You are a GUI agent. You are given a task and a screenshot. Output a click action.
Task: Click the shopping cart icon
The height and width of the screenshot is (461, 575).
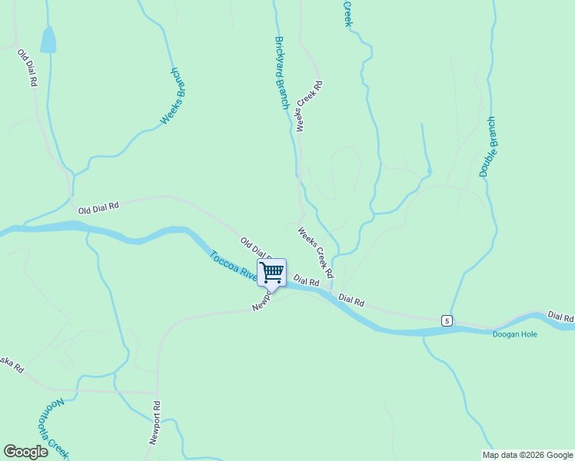[271, 273]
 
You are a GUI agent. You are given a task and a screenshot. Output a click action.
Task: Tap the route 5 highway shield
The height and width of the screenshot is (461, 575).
[446, 320]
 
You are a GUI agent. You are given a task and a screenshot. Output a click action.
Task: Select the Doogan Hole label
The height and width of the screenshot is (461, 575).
[515, 334]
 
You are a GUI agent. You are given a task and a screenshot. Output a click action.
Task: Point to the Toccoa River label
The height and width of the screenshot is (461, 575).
[234, 266]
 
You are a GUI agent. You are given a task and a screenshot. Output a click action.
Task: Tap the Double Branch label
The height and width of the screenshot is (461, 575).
[488, 147]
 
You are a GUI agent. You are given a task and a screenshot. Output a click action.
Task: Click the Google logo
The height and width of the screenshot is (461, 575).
[25, 452]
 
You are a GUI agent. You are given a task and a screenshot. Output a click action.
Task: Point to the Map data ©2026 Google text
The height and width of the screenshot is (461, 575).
[527, 455]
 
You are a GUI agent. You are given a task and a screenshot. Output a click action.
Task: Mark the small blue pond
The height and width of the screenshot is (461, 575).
[48, 40]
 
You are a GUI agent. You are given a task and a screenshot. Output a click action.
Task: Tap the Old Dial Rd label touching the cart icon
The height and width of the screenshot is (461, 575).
[254, 247]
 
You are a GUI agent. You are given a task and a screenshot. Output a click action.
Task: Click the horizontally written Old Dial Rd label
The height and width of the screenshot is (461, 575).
[98, 207]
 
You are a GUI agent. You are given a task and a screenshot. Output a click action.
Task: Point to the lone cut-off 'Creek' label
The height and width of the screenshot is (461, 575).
[347, 13]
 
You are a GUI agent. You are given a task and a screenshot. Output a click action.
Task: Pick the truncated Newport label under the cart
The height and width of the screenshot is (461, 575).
[261, 301]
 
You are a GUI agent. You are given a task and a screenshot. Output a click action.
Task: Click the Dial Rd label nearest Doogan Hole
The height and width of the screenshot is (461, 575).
[560, 317]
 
